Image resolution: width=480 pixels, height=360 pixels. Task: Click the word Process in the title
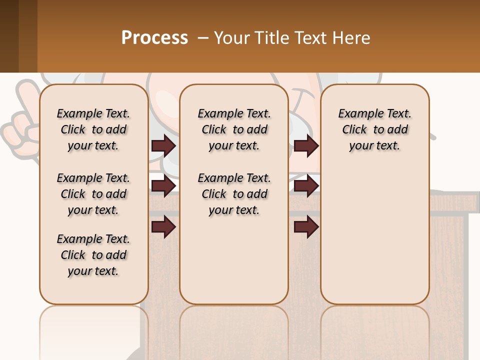(154, 37)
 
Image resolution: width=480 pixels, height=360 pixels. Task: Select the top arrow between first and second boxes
(163, 145)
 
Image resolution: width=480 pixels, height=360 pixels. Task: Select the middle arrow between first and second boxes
(163, 186)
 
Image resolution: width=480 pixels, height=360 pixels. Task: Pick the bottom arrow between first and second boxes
(163, 226)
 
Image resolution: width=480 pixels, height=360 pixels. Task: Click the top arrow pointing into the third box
(306, 145)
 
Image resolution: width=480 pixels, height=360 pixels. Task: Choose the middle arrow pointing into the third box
(306, 186)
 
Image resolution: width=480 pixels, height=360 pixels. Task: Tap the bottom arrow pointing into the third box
(306, 226)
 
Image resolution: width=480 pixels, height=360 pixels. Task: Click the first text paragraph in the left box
(93, 129)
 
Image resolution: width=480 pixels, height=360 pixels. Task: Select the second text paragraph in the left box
(93, 194)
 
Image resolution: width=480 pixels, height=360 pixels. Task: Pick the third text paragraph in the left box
(93, 255)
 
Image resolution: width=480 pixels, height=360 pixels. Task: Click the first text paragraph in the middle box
(234, 129)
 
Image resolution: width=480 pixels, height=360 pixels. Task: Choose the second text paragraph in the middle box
(234, 194)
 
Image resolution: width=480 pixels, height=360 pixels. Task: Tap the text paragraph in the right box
(374, 129)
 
